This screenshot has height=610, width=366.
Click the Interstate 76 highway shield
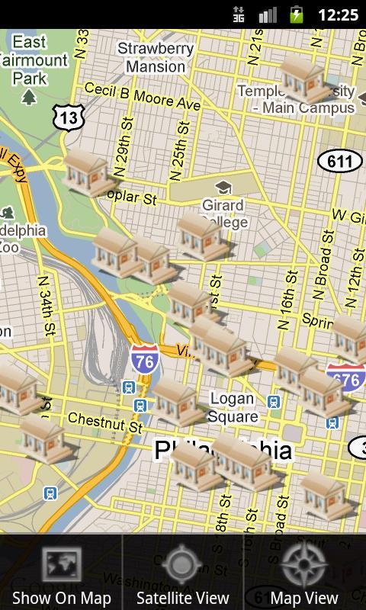(x=143, y=359)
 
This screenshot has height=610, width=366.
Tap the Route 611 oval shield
(x=339, y=161)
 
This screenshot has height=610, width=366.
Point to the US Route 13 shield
(x=68, y=117)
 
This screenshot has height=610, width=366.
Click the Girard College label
(x=224, y=213)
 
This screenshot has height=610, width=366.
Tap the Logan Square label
(x=233, y=408)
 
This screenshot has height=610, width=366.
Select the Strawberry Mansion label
(x=156, y=57)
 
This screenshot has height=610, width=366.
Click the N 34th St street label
(x=45, y=305)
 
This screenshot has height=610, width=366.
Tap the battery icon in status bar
(x=297, y=14)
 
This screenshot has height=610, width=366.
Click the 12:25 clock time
(x=338, y=14)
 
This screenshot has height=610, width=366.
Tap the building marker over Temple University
(x=304, y=79)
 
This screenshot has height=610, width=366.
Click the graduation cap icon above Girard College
(x=223, y=188)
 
